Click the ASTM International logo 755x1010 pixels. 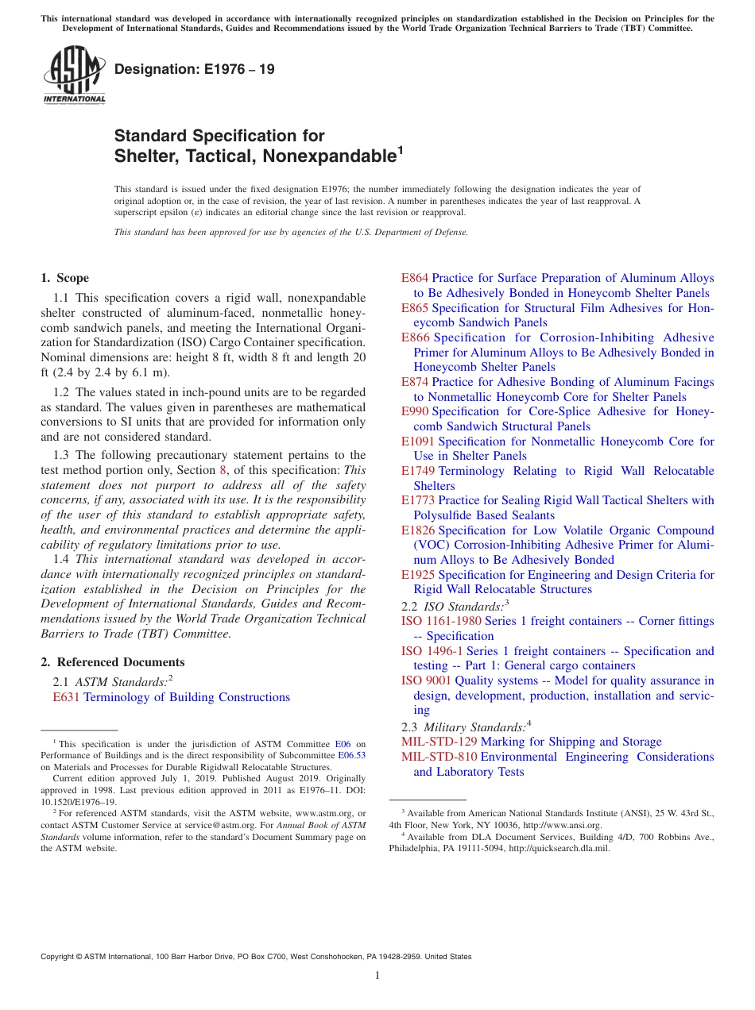pos(74,75)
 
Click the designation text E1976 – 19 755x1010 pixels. pos(195,69)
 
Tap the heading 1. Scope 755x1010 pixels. pos(65,278)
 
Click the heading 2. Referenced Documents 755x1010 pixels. pos(113,662)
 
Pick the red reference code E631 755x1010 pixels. pos(66,697)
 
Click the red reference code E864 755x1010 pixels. pos(415,278)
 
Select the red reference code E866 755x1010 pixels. pos(415,337)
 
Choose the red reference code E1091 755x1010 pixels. pos(418,441)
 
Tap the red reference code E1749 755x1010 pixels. pos(418,471)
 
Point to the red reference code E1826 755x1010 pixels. pos(418,530)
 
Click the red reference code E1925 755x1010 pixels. pos(418,575)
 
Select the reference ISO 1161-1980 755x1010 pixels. pos(441,621)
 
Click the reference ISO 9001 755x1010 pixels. pos(426,680)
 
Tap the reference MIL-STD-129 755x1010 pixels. pos(438,742)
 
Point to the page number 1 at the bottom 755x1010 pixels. pos(377,975)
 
